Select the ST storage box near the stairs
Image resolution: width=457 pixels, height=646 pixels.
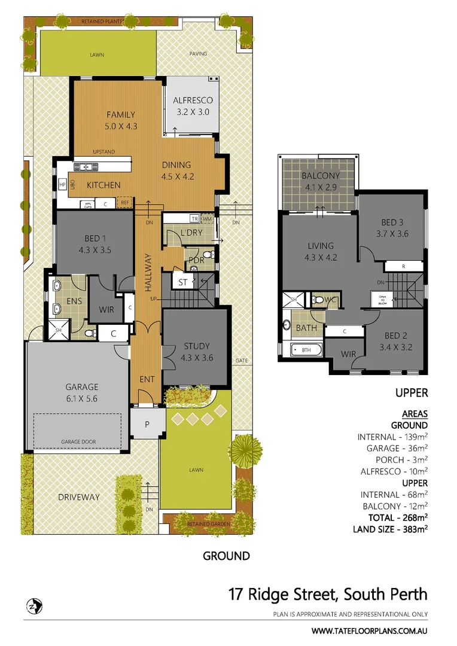click(183, 281)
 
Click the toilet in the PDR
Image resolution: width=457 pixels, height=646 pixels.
click(208, 255)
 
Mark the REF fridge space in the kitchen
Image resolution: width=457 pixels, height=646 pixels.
click(125, 203)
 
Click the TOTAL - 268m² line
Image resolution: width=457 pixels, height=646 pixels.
click(390, 517)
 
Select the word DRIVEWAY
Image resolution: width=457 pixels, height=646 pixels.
click(78, 497)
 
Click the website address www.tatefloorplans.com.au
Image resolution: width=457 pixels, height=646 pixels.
click(370, 630)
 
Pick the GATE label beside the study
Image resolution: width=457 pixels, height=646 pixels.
click(242, 361)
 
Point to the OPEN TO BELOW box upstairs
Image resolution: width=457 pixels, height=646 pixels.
click(379, 299)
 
